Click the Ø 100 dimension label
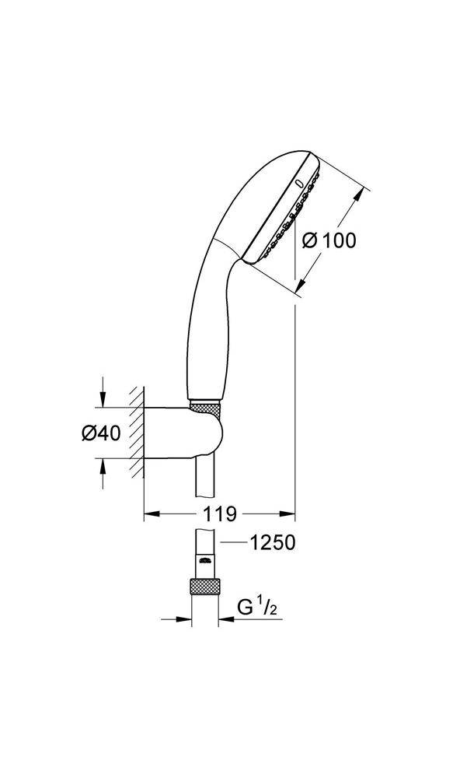327,240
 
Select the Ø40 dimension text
100,433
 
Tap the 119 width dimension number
219,513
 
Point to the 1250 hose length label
271,542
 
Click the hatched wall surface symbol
138,433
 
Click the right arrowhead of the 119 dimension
289,513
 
